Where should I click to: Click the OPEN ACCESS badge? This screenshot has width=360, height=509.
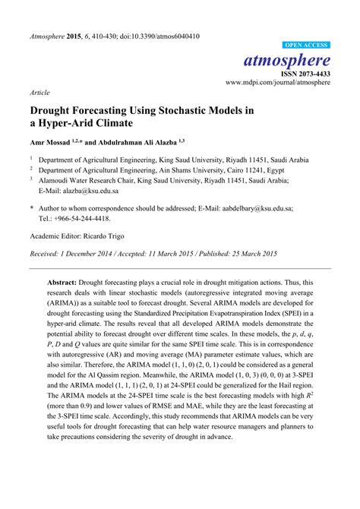[305, 46]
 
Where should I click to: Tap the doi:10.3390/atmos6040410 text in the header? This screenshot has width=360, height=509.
[159, 36]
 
